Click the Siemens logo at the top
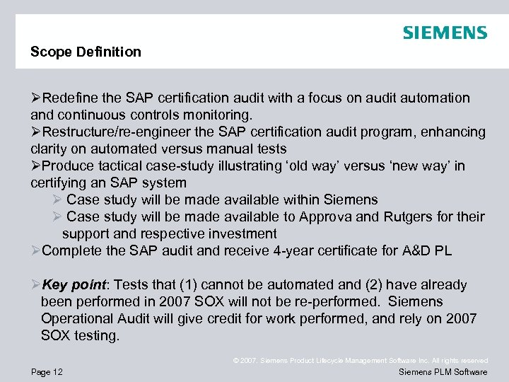445,33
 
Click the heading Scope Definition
86,52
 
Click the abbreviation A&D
407,250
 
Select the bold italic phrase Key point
74,284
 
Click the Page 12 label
47,372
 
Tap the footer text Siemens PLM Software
443,372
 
